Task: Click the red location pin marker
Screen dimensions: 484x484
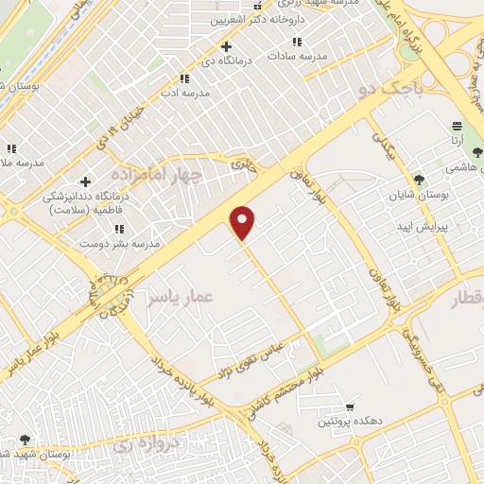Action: tap(244, 222)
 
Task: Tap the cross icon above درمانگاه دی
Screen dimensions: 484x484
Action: tap(225, 46)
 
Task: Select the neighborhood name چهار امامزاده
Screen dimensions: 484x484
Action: tap(157, 176)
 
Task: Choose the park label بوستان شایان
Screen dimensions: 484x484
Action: tap(418, 199)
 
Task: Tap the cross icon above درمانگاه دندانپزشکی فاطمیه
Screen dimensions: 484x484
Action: tap(86, 181)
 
